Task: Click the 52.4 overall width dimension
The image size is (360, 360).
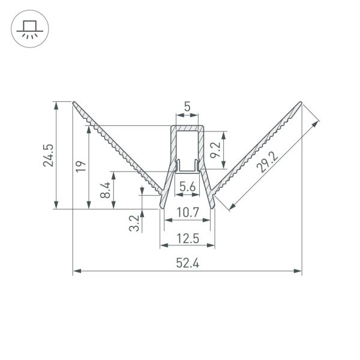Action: click(187, 262)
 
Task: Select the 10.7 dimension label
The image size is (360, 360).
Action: click(187, 212)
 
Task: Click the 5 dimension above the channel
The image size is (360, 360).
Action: click(187, 107)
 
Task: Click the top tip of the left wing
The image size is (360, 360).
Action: click(74, 103)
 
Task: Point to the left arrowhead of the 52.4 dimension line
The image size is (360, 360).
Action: click(76, 272)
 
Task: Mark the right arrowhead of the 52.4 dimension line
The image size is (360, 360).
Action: click(298, 272)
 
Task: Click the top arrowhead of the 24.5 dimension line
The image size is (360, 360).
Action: click(56, 104)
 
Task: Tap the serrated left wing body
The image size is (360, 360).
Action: click(120, 150)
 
